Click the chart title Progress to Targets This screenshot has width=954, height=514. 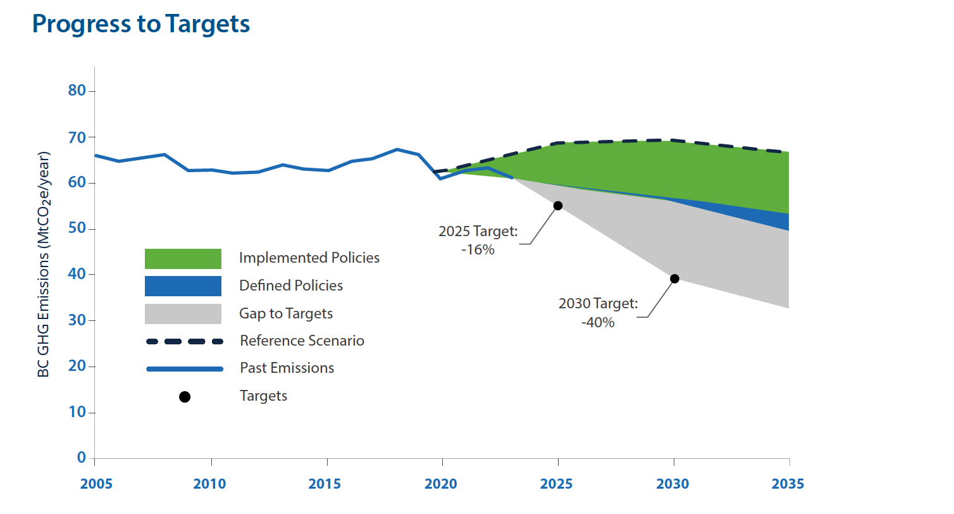(x=141, y=24)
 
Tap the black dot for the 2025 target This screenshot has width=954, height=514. (x=558, y=206)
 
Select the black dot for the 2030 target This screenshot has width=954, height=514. (x=674, y=279)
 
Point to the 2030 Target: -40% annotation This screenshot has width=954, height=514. (x=598, y=313)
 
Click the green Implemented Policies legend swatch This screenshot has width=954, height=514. (x=183, y=259)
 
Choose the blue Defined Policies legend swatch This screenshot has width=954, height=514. (x=183, y=286)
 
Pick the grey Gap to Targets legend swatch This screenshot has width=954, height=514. (x=183, y=314)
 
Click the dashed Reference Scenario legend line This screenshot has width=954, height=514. (x=184, y=341)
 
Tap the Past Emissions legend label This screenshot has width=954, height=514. (x=287, y=368)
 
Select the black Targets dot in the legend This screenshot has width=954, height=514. (x=185, y=397)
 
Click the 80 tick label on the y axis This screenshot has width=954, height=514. (x=77, y=91)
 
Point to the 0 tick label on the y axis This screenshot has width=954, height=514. (x=81, y=458)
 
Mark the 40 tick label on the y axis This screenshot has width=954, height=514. (x=77, y=275)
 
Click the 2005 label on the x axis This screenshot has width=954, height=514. (x=96, y=484)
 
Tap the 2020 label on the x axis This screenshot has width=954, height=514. (x=441, y=484)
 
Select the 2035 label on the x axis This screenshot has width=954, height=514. (x=788, y=484)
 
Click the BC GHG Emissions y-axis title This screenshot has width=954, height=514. (x=43, y=264)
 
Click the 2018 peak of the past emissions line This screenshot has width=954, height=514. (x=397, y=149)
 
